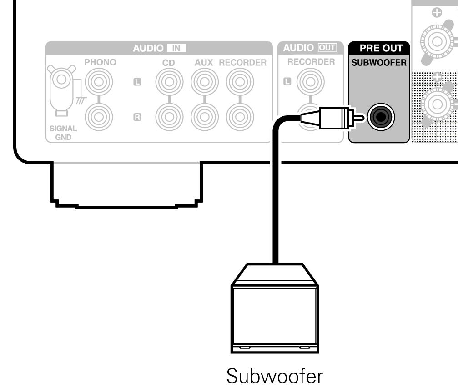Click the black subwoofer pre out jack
(381, 117)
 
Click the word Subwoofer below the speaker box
(275, 376)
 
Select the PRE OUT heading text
(381, 48)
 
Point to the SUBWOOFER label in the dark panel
(379, 62)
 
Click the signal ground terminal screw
(61, 79)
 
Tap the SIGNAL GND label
(63, 133)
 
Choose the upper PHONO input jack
(99, 82)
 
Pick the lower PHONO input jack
(99, 117)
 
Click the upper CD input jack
(169, 82)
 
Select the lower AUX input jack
(205, 117)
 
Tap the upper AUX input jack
(205, 82)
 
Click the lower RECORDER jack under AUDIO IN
(240, 117)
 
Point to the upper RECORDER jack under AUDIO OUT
(311, 82)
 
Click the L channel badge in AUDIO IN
(137, 82)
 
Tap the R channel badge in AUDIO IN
(137, 117)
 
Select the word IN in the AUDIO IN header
(176, 48)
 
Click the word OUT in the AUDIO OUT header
(327, 48)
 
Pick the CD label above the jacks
(169, 63)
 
